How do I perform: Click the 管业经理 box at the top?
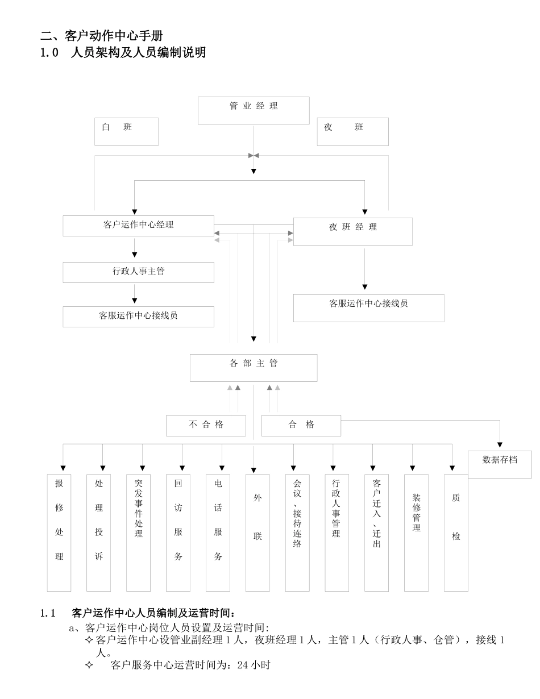click(254, 110)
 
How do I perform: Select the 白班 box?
click(126, 131)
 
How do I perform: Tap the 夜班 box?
click(352, 131)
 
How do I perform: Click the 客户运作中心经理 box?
click(138, 226)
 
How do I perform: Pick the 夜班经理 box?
click(352, 231)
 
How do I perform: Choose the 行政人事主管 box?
click(138, 272)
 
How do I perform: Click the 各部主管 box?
click(254, 368)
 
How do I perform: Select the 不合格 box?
click(206, 425)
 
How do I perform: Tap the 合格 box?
click(301, 425)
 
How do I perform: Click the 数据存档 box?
click(500, 464)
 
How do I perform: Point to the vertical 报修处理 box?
click(59, 532)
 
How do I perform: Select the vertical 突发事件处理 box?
click(138, 532)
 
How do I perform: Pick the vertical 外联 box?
click(257, 532)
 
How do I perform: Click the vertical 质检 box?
click(456, 532)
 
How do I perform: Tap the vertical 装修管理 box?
click(416, 532)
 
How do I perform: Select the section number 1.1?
click(47, 613)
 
